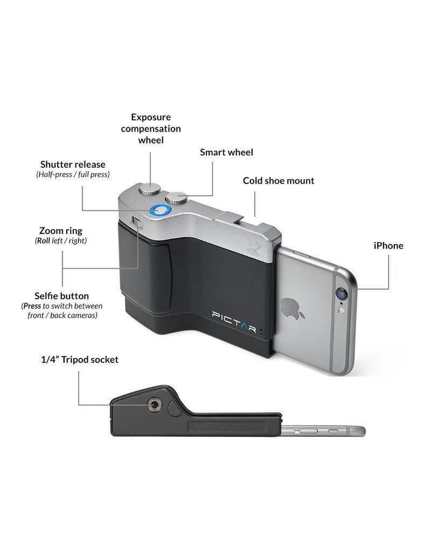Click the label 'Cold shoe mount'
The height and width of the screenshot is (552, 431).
(x=278, y=181)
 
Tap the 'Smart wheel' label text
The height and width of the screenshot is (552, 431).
(x=226, y=152)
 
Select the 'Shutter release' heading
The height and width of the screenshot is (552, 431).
(x=73, y=164)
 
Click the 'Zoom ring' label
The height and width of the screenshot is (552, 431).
(x=61, y=231)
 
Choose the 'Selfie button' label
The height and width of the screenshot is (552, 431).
(x=62, y=296)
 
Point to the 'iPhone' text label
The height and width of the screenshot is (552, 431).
(x=388, y=246)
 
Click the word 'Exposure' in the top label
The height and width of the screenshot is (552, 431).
(x=150, y=117)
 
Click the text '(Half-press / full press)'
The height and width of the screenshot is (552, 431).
(x=72, y=175)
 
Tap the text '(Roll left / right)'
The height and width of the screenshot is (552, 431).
(x=61, y=241)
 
